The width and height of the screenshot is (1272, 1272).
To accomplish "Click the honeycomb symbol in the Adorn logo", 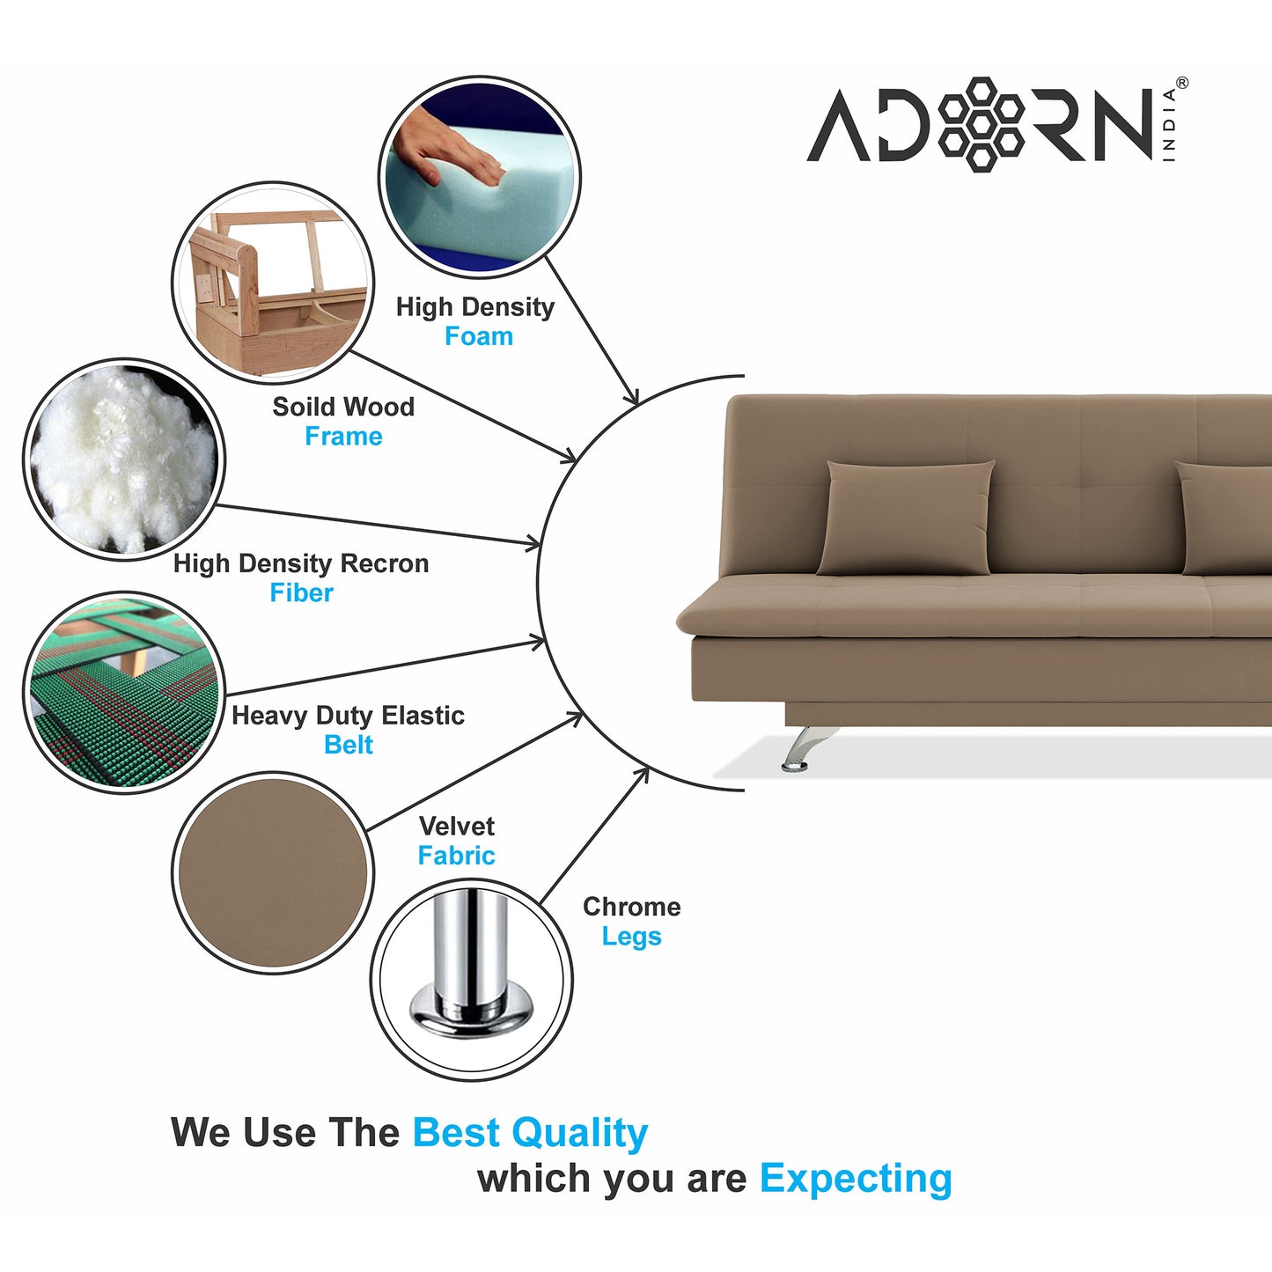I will click(981, 124).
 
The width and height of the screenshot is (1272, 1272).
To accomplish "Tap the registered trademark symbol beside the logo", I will click(1181, 84).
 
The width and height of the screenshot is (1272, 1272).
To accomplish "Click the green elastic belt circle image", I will click(123, 692).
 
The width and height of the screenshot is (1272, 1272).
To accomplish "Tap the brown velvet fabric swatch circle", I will click(273, 873).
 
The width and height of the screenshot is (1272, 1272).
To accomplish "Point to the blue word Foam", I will click(479, 336).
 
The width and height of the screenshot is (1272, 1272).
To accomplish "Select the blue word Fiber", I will click(301, 593).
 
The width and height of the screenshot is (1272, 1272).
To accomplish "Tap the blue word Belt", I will click(349, 745).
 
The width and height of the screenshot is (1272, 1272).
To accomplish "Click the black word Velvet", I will click(456, 826).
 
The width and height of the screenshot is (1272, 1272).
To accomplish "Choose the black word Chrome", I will click(631, 907).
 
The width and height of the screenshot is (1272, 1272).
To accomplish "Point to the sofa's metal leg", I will click(801, 748).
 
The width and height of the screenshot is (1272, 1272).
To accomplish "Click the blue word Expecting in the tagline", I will click(856, 1178).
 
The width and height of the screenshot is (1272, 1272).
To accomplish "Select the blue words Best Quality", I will click(530, 1133).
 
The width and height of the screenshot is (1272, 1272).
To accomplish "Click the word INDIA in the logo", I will click(1170, 125).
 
